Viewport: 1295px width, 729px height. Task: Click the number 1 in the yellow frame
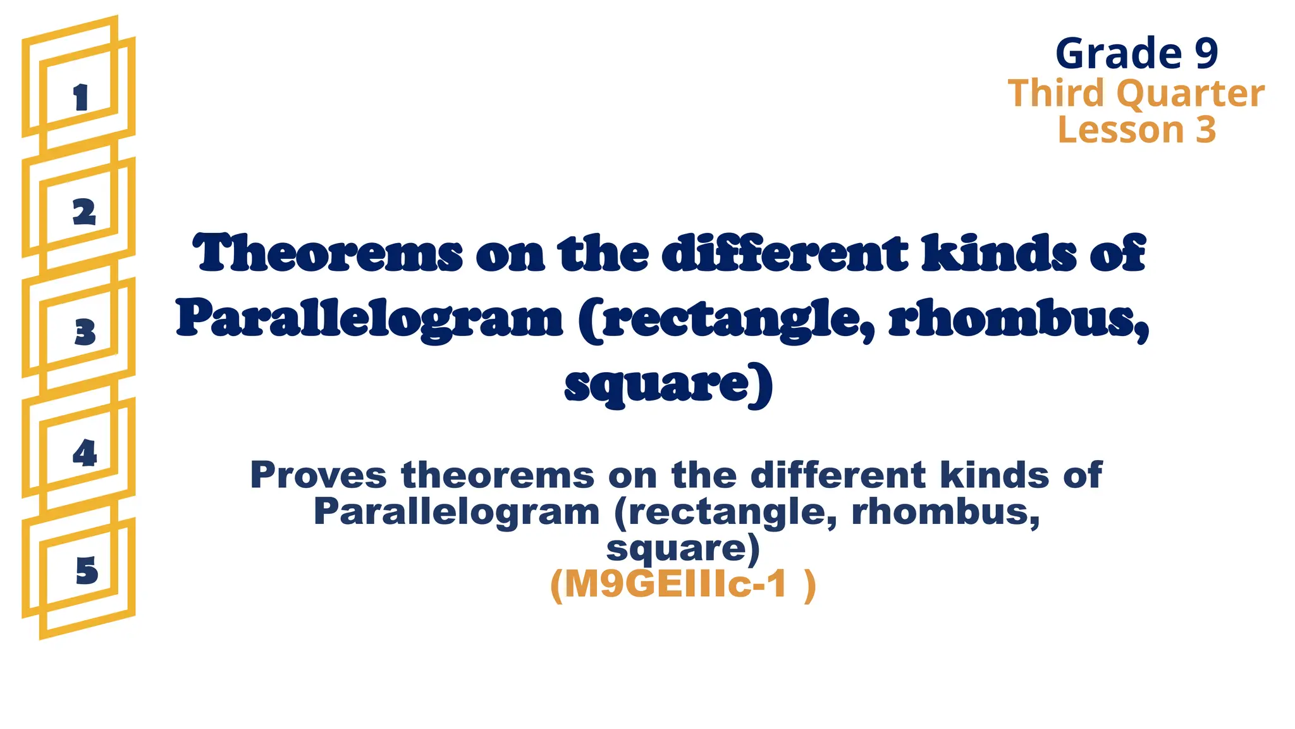pyautogui.click(x=80, y=98)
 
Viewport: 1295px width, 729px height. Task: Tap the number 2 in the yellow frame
pyautogui.click(x=84, y=212)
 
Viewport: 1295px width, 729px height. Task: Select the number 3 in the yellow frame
pyautogui.click(x=85, y=332)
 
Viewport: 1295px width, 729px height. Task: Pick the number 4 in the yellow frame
pyautogui.click(x=85, y=452)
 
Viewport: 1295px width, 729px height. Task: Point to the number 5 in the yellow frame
pyautogui.click(x=87, y=571)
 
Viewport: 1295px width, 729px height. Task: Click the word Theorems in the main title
pyautogui.click(x=328, y=252)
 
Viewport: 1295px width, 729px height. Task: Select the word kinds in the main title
pyautogui.click(x=999, y=252)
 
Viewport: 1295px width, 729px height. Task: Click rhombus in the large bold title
pyautogui.click(x=1019, y=320)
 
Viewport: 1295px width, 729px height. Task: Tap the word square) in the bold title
pyautogui.click(x=668, y=385)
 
